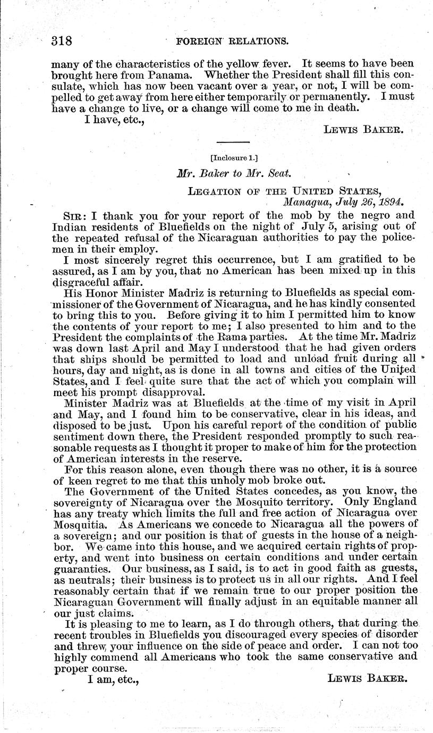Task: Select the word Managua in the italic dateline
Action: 306,202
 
